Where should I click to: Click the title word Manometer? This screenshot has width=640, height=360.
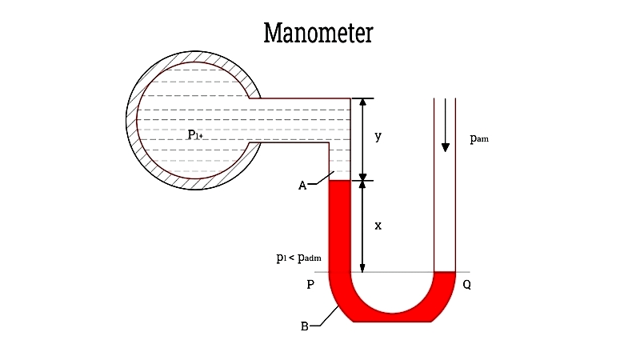318,34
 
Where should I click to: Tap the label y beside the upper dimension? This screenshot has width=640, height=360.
378,137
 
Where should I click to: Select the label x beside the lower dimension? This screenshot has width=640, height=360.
378,226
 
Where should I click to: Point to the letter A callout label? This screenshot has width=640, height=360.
302,186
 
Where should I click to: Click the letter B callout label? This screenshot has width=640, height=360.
304,326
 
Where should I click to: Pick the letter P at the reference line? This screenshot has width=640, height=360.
310,285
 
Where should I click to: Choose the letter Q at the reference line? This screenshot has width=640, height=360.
466,285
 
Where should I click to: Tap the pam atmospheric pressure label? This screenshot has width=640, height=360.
478,138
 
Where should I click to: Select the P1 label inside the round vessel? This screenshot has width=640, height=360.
194,134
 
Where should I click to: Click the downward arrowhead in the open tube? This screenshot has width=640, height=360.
445,146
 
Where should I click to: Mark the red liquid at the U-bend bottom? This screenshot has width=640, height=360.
392,317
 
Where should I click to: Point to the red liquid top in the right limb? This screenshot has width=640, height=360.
444,274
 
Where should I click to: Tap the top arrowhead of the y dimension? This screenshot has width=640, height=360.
362,103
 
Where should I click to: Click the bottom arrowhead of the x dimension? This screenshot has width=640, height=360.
362,267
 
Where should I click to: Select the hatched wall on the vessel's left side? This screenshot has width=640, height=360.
133,120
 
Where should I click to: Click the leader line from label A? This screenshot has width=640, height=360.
318,184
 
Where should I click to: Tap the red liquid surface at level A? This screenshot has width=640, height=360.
340,182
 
